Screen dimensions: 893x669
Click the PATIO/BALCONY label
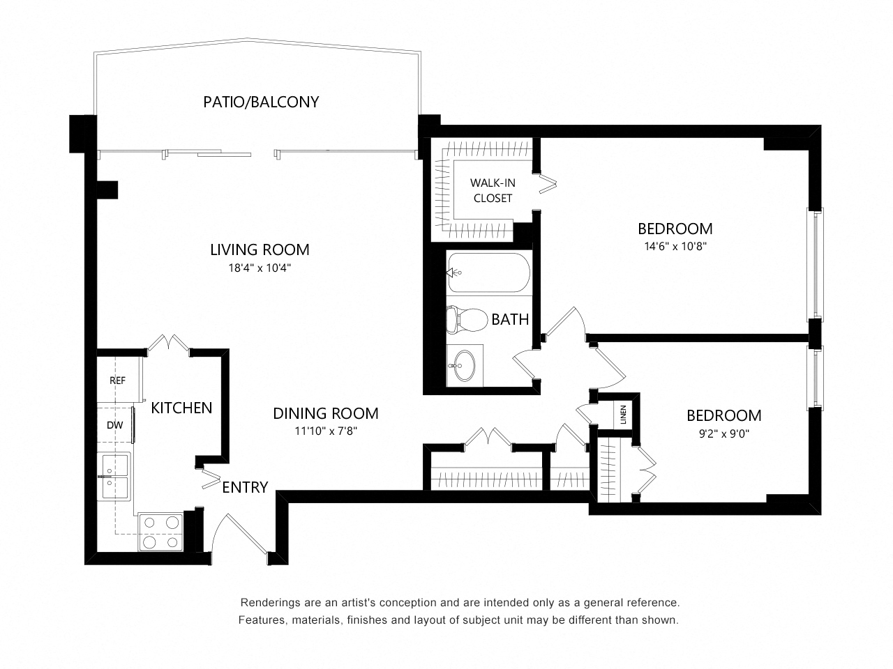pyautogui.click(x=261, y=102)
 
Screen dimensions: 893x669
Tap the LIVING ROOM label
pyautogui.click(x=260, y=249)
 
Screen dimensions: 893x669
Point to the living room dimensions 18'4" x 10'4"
pyautogui.click(x=260, y=268)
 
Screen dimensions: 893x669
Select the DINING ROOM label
pyautogui.click(x=326, y=413)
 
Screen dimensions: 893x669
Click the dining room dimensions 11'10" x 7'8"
pyautogui.click(x=326, y=431)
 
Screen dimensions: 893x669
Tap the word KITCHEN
pyautogui.click(x=181, y=408)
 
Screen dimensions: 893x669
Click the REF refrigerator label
pyautogui.click(x=118, y=380)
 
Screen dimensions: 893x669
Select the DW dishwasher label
pyautogui.click(x=114, y=425)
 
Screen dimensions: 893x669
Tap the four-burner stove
pyautogui.click(x=160, y=532)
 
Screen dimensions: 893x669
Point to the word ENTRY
pyautogui.click(x=245, y=487)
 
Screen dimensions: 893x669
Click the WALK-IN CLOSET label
pyautogui.click(x=493, y=190)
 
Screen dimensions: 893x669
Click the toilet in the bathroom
pyautogui.click(x=467, y=320)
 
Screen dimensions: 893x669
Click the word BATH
pyautogui.click(x=510, y=320)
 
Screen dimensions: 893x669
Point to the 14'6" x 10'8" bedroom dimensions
pyautogui.click(x=675, y=247)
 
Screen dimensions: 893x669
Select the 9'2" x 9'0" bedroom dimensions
pyautogui.click(x=723, y=434)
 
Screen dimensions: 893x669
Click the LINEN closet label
pyautogui.click(x=624, y=415)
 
